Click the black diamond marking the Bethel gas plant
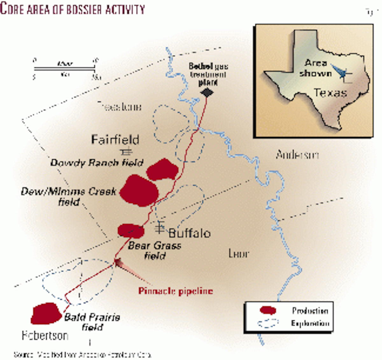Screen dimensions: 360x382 pos(207,92)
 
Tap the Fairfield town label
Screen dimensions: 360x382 pos(115,140)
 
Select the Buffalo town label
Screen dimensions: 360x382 pos(189,233)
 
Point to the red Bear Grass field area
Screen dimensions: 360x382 pos(131,231)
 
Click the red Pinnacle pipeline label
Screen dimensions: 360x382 pos(175,291)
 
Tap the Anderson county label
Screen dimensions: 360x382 pos(297,155)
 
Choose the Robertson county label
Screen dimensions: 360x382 pos(45,335)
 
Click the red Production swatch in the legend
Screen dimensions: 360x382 pos(268,310)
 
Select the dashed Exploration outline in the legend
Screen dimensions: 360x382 pos(268,323)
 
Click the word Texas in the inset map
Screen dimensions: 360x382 pos(330,93)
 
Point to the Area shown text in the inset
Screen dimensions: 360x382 pos(315,68)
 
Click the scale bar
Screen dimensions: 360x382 pos(64,68)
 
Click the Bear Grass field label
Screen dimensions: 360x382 pos(155,250)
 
